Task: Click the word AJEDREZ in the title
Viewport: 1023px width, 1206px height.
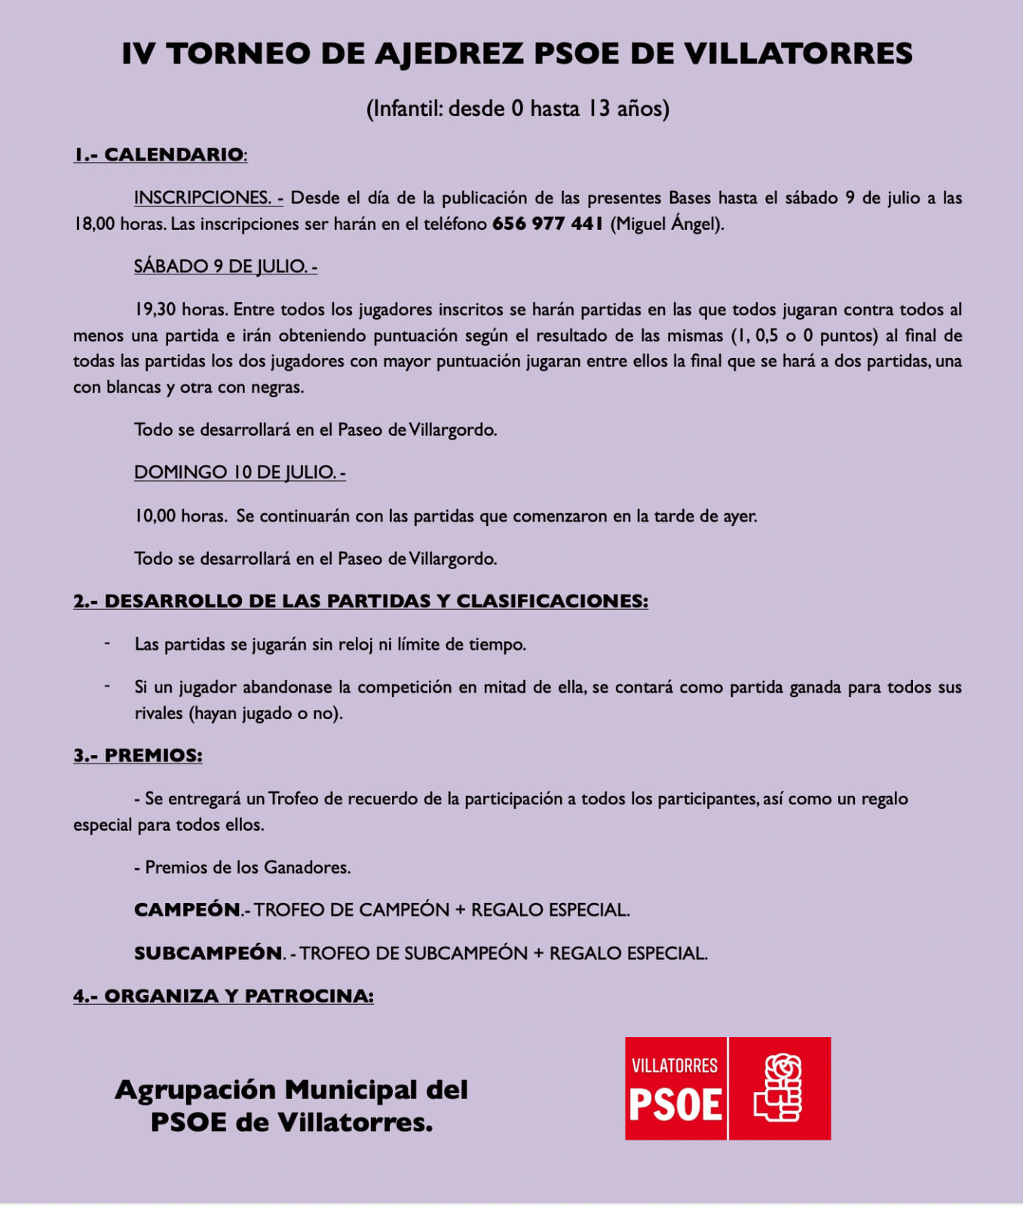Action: (449, 54)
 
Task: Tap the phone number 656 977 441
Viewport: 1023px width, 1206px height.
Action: (547, 224)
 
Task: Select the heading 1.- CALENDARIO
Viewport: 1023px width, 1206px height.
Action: (159, 155)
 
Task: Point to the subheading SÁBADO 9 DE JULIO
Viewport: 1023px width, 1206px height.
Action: (225, 266)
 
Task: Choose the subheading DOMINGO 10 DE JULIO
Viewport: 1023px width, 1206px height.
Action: (239, 472)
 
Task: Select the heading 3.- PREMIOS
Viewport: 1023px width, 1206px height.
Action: (137, 755)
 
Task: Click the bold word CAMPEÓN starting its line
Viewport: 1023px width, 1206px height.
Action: (187, 910)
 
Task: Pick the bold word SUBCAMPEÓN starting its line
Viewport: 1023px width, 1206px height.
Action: (208, 953)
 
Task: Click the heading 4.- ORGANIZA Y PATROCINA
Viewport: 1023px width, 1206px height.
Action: (223, 996)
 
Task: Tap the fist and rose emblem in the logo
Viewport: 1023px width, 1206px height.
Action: (780, 1088)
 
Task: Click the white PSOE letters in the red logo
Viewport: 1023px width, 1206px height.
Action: (675, 1105)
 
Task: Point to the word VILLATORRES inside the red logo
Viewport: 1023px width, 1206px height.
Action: (675, 1065)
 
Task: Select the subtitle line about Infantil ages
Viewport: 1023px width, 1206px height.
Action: (517, 109)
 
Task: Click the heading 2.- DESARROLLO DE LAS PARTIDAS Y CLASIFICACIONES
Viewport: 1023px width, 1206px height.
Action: (360, 601)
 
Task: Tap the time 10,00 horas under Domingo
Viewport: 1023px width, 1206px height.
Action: (180, 516)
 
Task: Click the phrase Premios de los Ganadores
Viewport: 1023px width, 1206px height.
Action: (247, 868)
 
